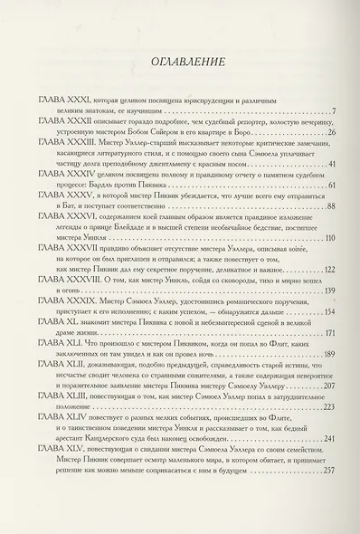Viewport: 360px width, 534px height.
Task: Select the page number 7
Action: click(334, 111)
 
